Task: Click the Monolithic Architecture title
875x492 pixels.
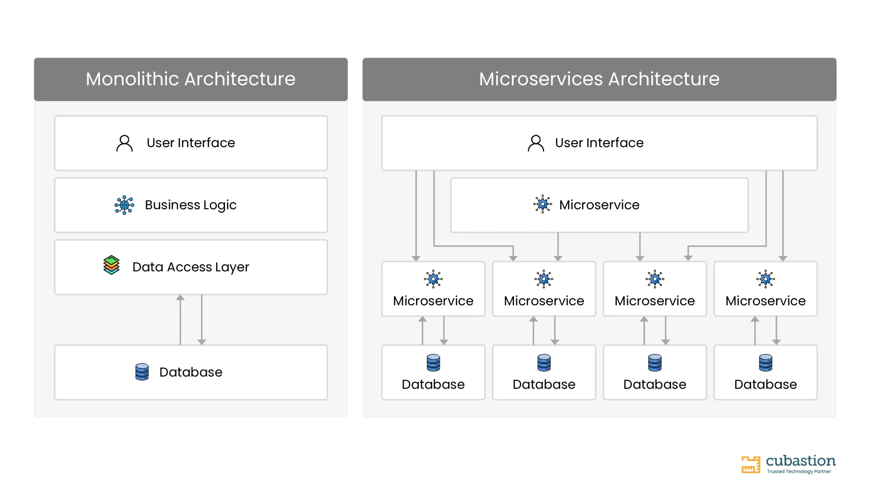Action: point(191,79)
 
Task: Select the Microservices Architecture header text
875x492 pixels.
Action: point(599,79)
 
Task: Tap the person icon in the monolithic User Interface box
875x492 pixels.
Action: point(124,143)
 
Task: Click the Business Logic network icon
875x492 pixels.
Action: point(124,205)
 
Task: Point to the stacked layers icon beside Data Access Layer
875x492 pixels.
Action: point(111,265)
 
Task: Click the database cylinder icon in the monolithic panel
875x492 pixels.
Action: point(142,372)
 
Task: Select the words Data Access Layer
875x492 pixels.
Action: point(191,267)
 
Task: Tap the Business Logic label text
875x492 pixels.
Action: point(191,205)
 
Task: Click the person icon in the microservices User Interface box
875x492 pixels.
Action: point(536,143)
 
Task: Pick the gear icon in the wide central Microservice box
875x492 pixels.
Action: point(542,204)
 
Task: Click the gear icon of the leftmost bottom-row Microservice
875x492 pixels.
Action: point(433,279)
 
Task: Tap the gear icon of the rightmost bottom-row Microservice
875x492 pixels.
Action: point(766,279)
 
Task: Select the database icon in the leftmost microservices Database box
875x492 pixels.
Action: point(433,363)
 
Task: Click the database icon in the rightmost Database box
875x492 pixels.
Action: point(766,363)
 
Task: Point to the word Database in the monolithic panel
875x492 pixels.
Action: point(191,372)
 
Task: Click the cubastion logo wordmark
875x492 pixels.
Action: point(801,461)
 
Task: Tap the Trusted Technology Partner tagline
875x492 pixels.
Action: point(799,471)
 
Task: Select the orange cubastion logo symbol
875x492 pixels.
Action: point(751,465)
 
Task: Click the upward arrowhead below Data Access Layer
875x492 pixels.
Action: point(180,297)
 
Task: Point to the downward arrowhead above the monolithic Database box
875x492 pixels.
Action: point(202,342)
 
